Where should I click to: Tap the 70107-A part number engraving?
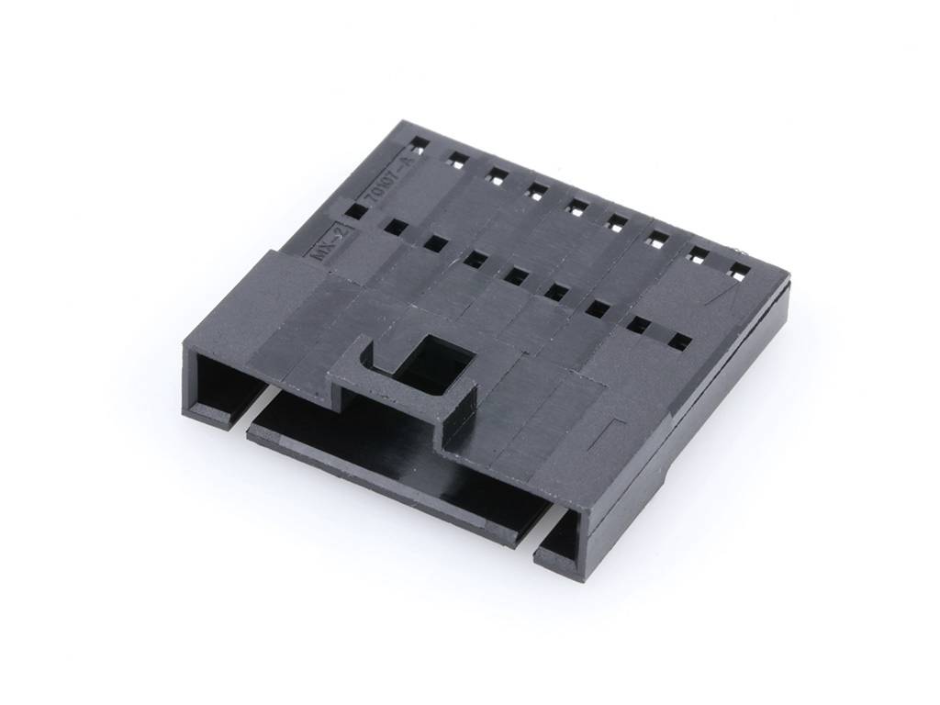click(385, 179)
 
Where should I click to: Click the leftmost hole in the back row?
click(418, 145)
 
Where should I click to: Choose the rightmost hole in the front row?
click(679, 341)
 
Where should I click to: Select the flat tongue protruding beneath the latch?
click(386, 459)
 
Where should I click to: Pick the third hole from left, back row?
click(497, 174)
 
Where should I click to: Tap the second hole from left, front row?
click(396, 227)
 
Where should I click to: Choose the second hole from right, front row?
click(639, 324)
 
